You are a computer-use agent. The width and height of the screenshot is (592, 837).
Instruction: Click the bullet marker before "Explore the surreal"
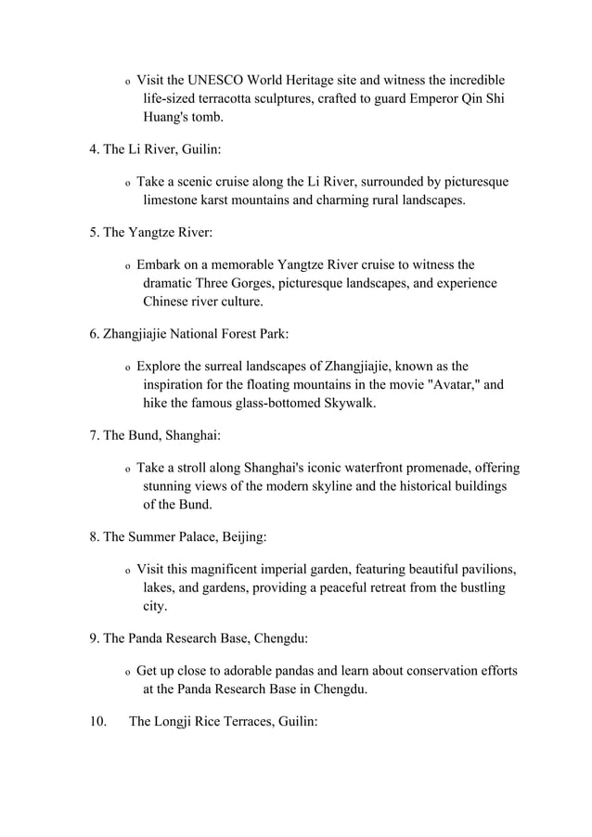coord(127,368)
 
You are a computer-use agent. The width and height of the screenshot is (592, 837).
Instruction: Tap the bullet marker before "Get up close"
coord(127,672)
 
